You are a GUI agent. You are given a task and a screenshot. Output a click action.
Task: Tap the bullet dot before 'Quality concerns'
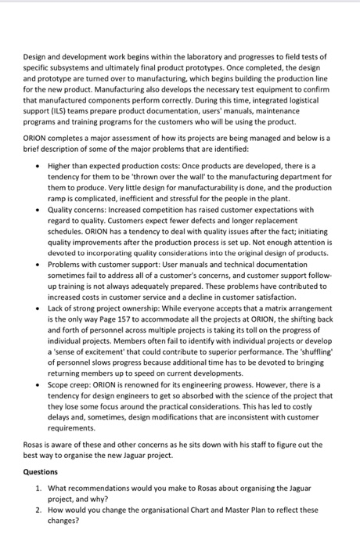(36, 210)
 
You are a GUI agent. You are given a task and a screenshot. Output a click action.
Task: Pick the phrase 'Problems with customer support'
(105, 265)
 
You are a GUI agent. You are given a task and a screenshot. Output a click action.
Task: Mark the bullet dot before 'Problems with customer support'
(36, 265)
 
